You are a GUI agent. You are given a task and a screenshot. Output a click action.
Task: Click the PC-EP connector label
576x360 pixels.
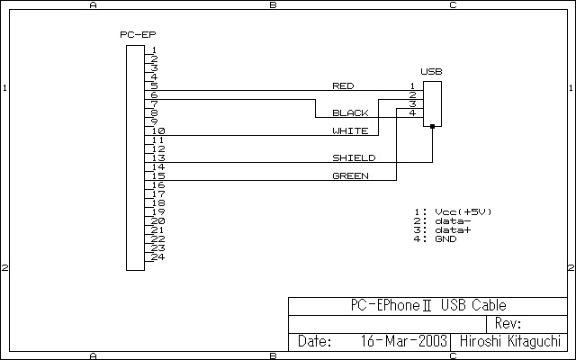(x=138, y=34)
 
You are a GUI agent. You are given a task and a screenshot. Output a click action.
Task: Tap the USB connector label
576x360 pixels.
(x=431, y=71)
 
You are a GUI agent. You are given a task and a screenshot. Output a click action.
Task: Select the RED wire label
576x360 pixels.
(x=343, y=86)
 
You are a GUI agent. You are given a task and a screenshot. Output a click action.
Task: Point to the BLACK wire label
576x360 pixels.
(x=350, y=112)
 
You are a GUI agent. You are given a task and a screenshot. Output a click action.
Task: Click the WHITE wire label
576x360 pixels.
(x=350, y=130)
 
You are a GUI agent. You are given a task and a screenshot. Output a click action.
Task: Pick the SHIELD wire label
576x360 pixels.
(x=354, y=158)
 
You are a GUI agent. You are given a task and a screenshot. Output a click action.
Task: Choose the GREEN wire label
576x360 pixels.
(x=350, y=176)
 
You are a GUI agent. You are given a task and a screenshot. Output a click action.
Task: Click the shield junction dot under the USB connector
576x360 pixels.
(x=432, y=126)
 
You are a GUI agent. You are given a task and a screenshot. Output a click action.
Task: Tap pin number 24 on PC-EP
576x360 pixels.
(x=157, y=256)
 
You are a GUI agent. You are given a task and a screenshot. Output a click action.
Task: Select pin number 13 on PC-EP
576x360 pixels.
(x=158, y=158)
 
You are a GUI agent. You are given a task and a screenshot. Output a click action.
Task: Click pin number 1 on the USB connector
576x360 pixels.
(x=412, y=86)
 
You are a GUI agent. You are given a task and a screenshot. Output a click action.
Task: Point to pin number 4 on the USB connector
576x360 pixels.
(x=412, y=112)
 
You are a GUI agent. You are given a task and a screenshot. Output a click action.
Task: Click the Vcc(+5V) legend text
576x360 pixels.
(x=463, y=212)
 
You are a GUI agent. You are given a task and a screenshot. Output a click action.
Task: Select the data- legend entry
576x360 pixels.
(x=453, y=221)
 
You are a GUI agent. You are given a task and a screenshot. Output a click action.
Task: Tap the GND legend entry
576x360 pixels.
(x=445, y=239)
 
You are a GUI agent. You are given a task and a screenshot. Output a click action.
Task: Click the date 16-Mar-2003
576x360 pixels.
(x=403, y=341)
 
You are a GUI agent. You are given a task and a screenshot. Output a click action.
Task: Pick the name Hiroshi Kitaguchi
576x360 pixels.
(x=510, y=341)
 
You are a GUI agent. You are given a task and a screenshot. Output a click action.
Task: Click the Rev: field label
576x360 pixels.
(x=508, y=323)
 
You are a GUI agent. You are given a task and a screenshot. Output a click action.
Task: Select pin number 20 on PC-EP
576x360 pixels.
(x=157, y=220)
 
